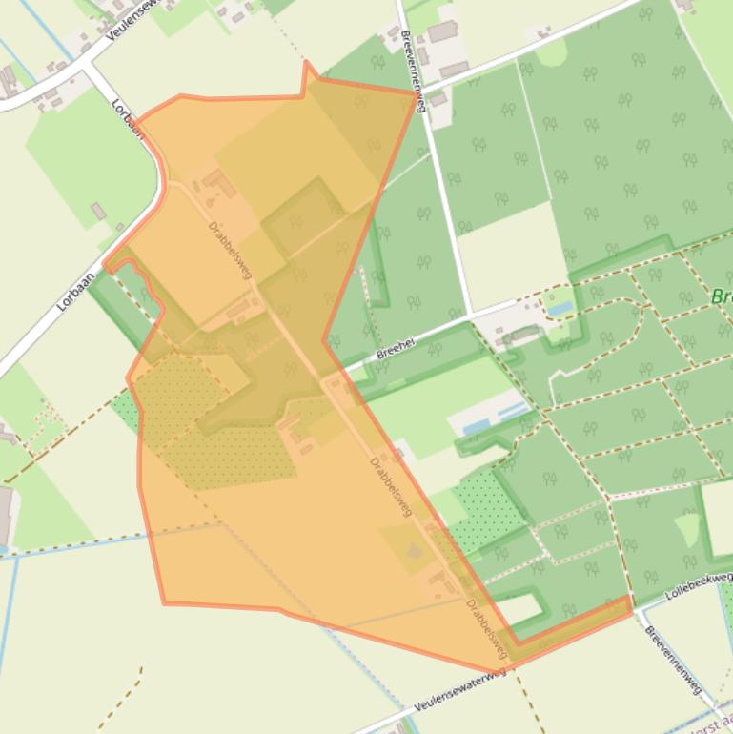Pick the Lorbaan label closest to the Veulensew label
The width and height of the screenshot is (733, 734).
[127, 119]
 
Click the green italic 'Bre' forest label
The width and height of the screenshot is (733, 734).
[721, 296]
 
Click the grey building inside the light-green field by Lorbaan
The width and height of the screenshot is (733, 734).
[98, 211]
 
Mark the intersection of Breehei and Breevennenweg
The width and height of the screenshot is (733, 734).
[471, 312]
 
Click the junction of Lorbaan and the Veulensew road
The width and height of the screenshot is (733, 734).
[91, 66]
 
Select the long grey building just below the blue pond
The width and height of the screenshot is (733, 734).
[520, 334]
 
